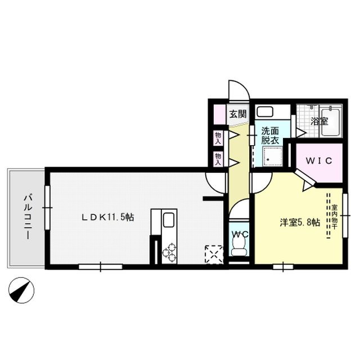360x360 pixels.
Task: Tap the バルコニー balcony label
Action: tap(26, 217)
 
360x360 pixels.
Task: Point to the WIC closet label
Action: tap(318, 160)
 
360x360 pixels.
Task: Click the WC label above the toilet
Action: tap(238, 233)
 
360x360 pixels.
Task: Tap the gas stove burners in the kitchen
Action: tap(169, 254)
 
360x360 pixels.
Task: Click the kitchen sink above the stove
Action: tap(169, 220)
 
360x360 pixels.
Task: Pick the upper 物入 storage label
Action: tap(218, 137)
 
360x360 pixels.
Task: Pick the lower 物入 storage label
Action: tap(218, 158)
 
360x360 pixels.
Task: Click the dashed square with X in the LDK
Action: tap(214, 254)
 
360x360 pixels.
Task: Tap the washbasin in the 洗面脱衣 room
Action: tap(264, 111)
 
